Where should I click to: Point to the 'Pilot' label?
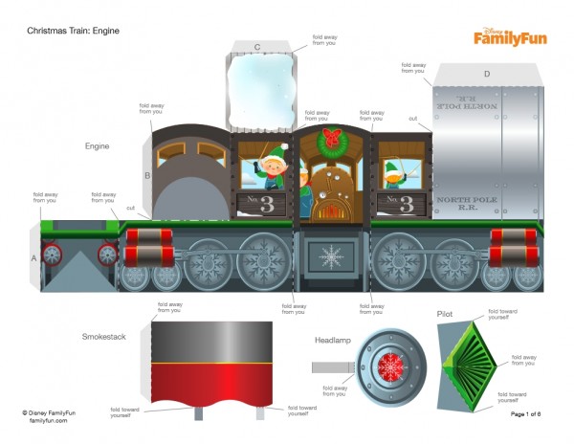[x=446, y=313]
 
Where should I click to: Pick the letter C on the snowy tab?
[x=257, y=46]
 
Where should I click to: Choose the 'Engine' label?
[x=97, y=146]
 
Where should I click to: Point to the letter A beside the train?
[x=33, y=258]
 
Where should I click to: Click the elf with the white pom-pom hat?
[x=273, y=168]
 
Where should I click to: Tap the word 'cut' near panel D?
[x=412, y=119]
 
